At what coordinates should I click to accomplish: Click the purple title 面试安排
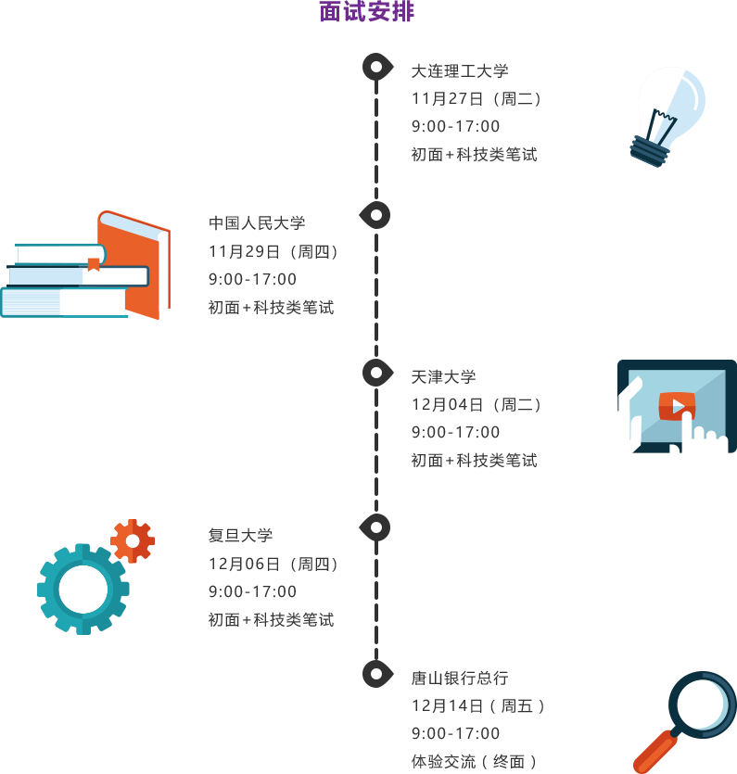click(x=367, y=12)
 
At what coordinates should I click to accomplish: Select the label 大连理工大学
click(x=460, y=71)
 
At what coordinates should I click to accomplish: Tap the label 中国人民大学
click(x=257, y=223)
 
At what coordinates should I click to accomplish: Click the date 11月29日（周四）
click(x=273, y=251)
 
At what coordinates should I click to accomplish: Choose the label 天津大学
click(x=444, y=377)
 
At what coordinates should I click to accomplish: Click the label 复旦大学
click(x=241, y=536)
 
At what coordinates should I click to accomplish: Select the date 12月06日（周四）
click(x=273, y=564)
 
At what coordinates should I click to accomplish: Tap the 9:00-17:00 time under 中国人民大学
click(x=252, y=279)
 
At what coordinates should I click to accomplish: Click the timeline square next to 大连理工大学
click(x=377, y=67)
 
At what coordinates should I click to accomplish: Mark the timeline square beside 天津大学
click(x=377, y=373)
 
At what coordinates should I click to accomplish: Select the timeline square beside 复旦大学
click(x=374, y=527)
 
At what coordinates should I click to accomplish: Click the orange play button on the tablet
click(x=677, y=406)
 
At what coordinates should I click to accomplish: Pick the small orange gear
click(x=133, y=540)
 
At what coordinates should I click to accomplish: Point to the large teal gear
click(x=83, y=589)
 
